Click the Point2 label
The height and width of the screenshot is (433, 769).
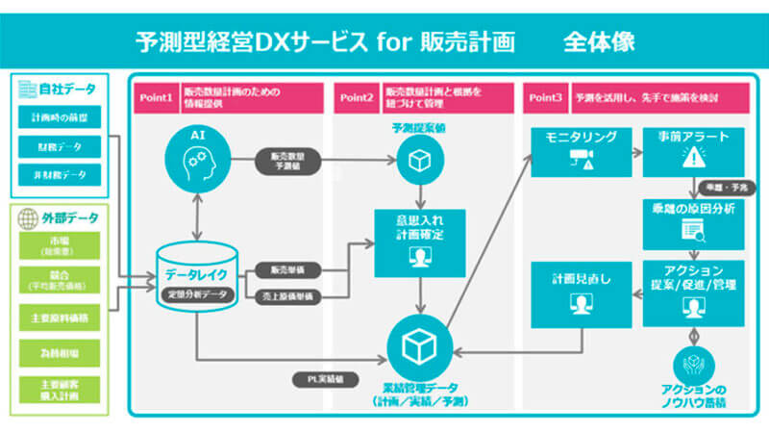(x=356, y=97)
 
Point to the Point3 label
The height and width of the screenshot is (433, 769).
(x=545, y=97)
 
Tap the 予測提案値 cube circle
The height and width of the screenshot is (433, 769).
(x=419, y=163)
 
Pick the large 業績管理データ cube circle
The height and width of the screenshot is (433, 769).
(x=419, y=345)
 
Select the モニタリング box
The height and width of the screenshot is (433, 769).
(x=581, y=150)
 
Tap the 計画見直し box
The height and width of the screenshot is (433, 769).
(x=581, y=289)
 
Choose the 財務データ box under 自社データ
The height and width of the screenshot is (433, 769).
(x=58, y=147)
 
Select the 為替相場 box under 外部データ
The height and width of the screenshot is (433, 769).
(x=58, y=351)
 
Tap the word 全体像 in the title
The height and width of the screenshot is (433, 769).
(x=599, y=42)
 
